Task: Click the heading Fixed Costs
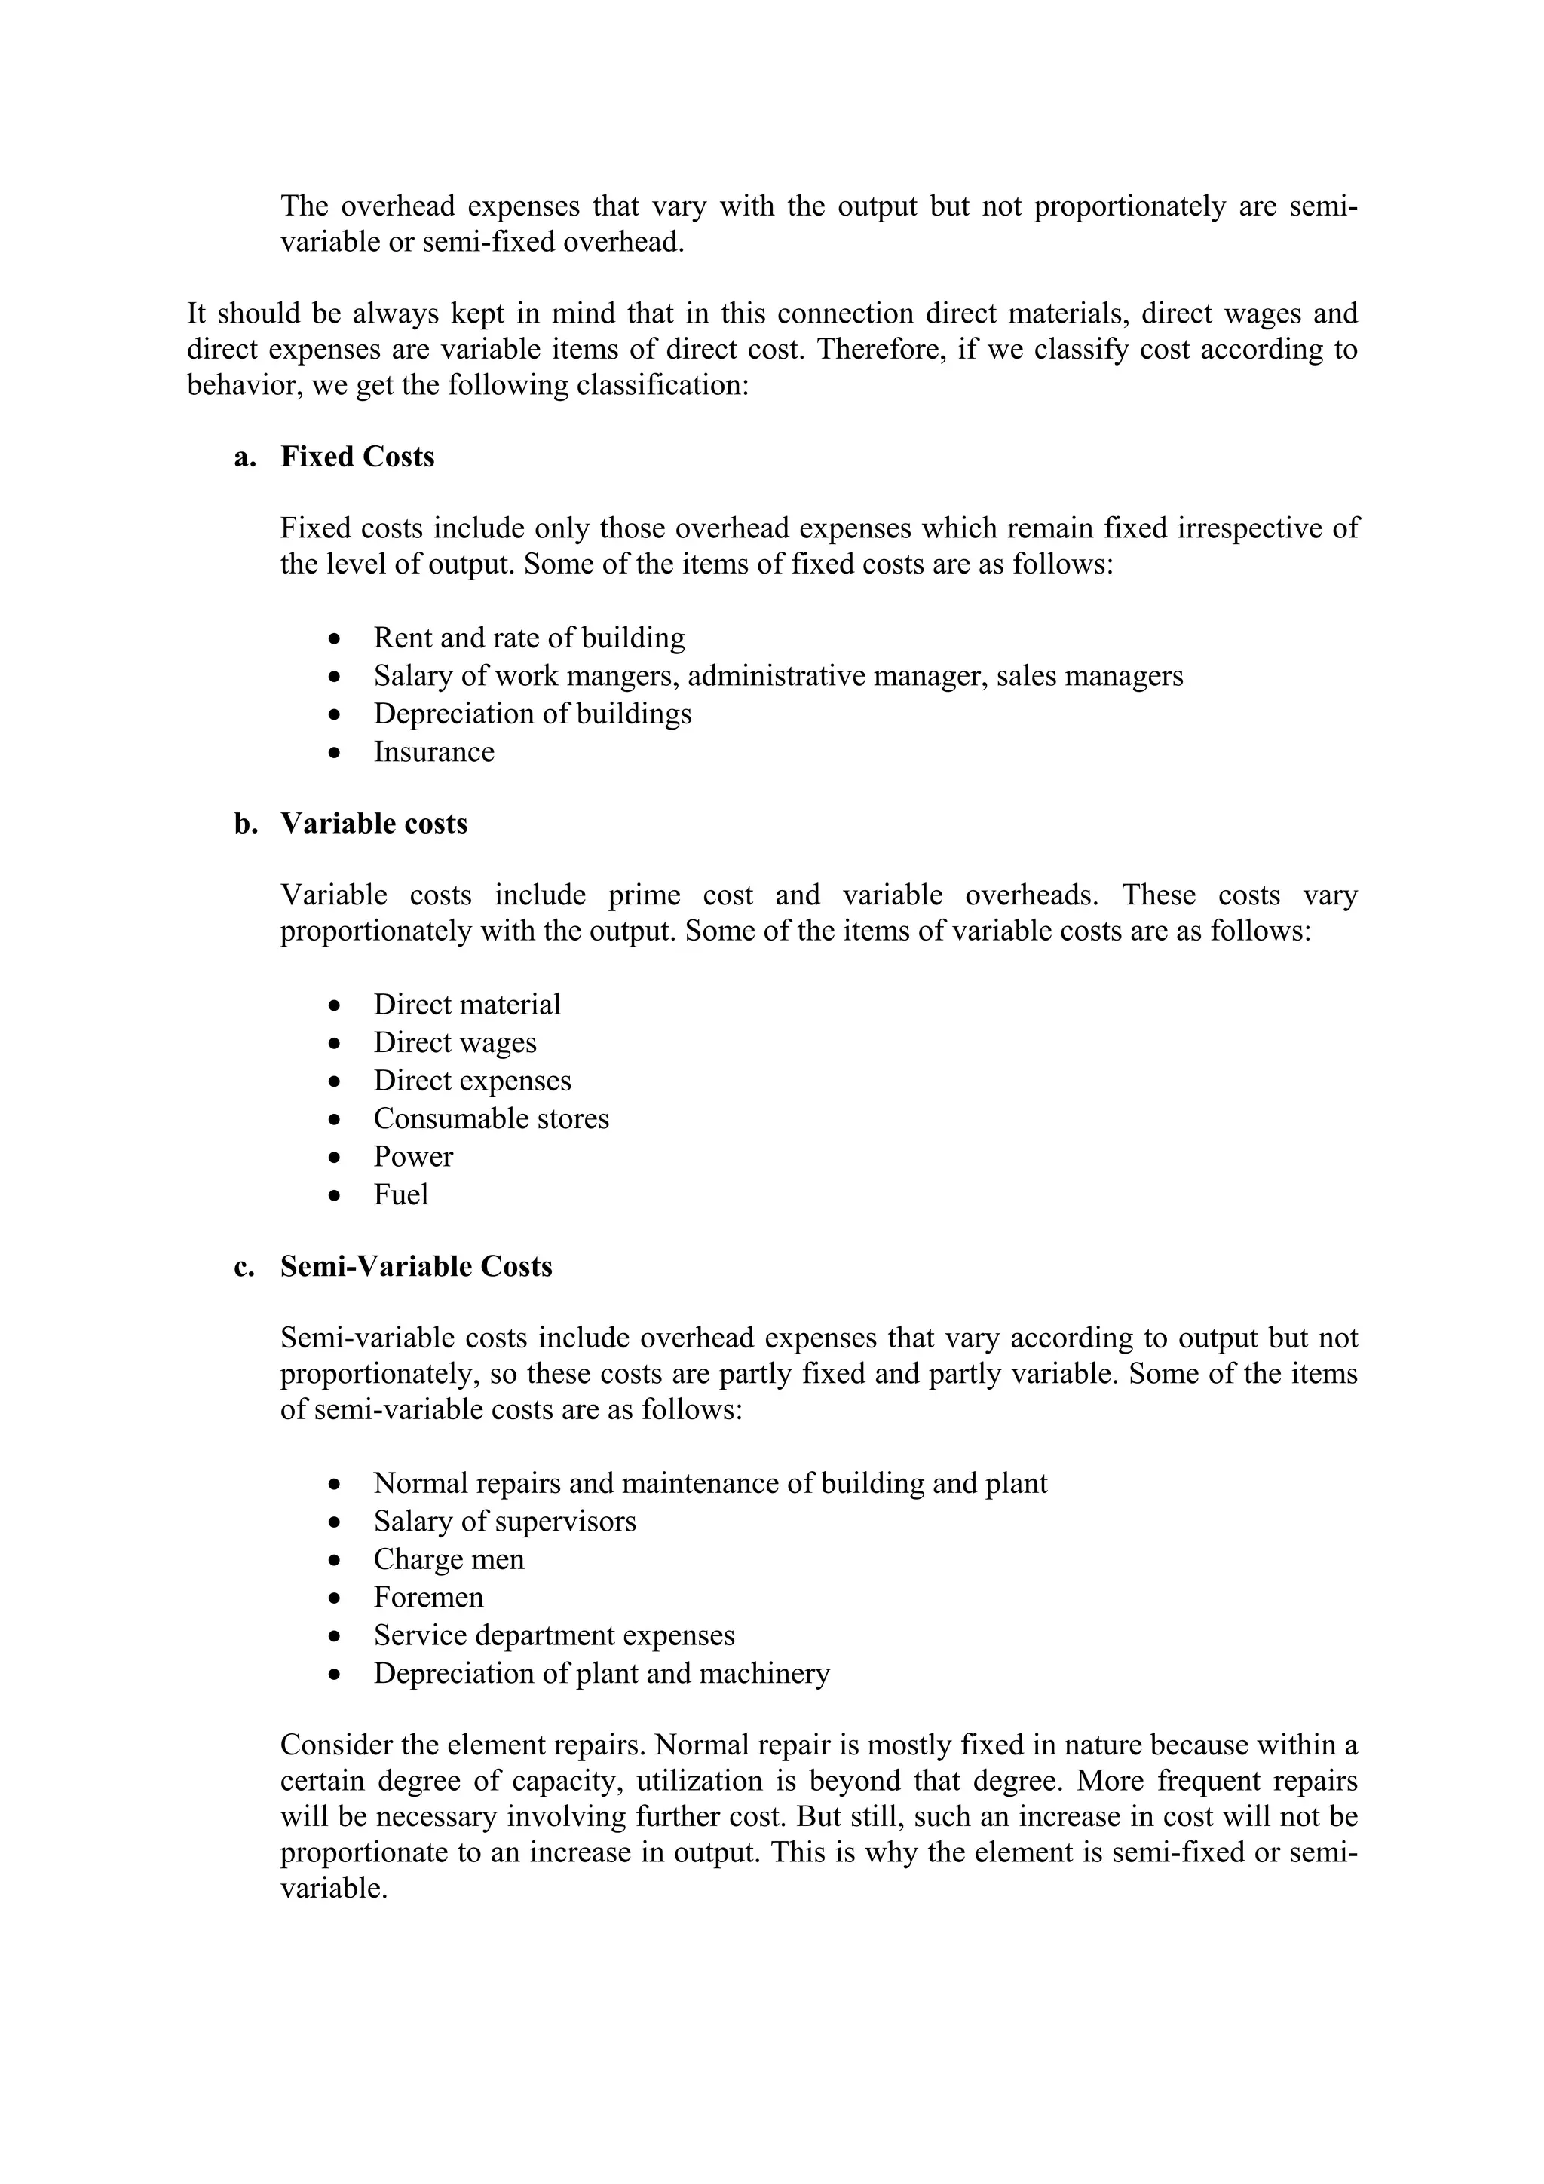[357, 457]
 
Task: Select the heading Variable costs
[374, 824]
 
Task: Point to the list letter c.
[244, 1267]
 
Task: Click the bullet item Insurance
[433, 752]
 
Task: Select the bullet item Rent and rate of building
[529, 638]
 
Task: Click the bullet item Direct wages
[455, 1044]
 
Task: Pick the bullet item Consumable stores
[491, 1120]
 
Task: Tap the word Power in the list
[413, 1158]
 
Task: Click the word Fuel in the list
[400, 1196]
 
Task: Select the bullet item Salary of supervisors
[504, 1522]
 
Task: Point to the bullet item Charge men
[448, 1560]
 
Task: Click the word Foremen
[428, 1598]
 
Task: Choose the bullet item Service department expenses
[553, 1636]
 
